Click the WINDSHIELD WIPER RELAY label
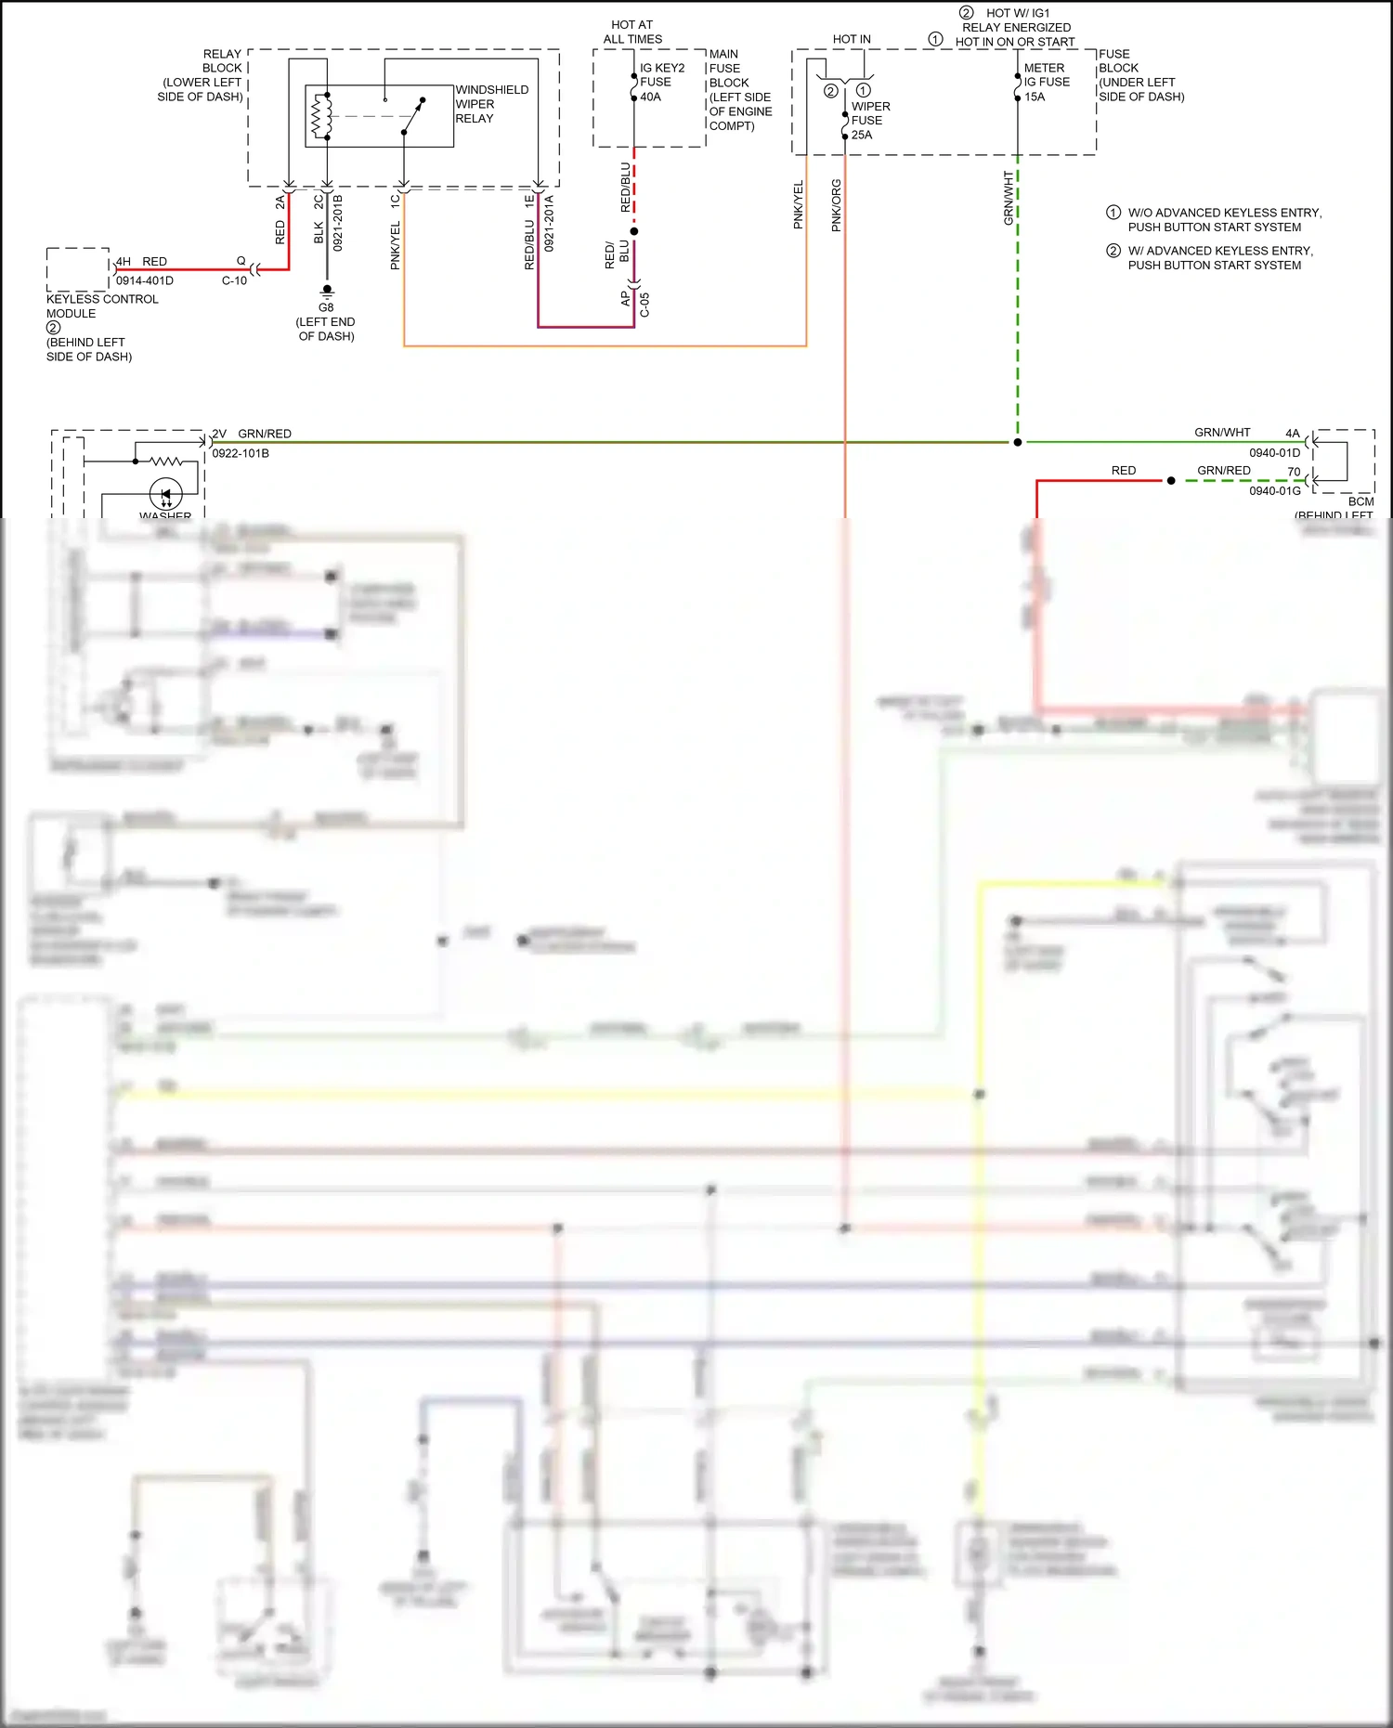pos(490,104)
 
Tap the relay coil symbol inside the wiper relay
pos(322,116)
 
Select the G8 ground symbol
pos(327,292)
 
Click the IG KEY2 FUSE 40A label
pos(661,82)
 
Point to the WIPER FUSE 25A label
pos(870,121)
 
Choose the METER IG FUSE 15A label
pos(1046,82)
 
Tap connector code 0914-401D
pos(145,280)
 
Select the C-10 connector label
pos(234,280)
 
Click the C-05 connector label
pos(644,305)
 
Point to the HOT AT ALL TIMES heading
pos(632,32)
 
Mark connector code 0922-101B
pos(241,453)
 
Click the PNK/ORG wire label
pos(836,205)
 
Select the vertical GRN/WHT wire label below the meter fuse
pos(1009,198)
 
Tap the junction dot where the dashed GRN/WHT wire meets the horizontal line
pos(1018,442)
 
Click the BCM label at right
pos(1360,501)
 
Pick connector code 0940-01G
pos(1274,490)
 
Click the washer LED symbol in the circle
pos(166,493)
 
